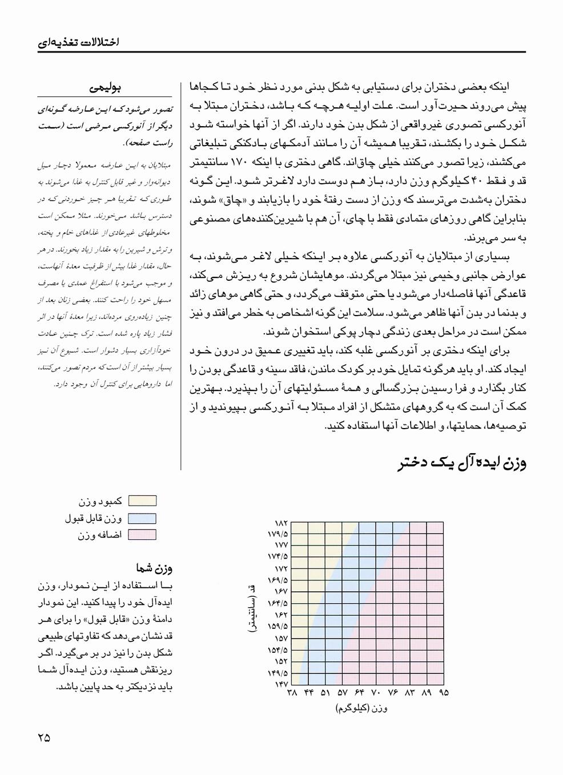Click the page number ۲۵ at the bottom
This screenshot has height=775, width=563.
point(44,737)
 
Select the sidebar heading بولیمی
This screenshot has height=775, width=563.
point(106,88)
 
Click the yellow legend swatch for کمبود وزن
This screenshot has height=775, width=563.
point(142,501)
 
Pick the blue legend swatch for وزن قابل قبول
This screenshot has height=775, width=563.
point(142,518)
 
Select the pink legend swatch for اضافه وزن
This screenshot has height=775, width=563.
point(142,535)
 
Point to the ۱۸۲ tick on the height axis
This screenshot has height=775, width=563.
point(282,523)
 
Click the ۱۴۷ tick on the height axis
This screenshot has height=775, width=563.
point(282,684)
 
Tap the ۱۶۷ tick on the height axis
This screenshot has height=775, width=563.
point(282,592)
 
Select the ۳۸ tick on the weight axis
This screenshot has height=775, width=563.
point(292,693)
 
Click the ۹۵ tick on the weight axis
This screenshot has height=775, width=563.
point(444,693)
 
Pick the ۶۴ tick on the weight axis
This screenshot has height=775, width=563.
point(360,693)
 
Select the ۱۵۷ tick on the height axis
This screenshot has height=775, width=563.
point(282,638)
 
